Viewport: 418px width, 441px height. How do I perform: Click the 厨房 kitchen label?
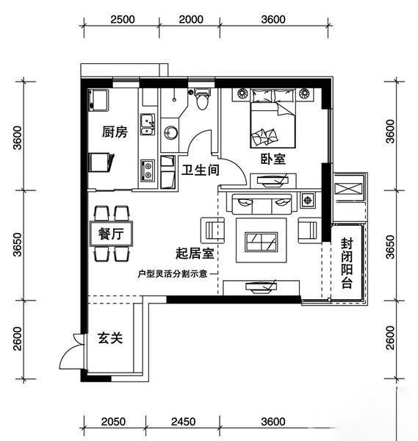pyautogui.click(x=115, y=132)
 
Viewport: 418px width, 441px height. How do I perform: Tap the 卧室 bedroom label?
pyautogui.click(x=273, y=159)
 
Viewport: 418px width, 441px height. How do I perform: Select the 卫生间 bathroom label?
pyautogui.click(x=200, y=171)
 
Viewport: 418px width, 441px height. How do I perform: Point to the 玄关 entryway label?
pyautogui.click(x=110, y=338)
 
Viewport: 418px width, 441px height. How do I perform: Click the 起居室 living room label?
pyautogui.click(x=195, y=254)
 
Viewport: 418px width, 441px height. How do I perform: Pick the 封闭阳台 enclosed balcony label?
pyautogui.click(x=347, y=264)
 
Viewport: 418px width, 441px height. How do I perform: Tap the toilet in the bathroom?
pyautogui.click(x=201, y=99)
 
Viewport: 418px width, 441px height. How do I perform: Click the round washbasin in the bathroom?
pyautogui.click(x=170, y=132)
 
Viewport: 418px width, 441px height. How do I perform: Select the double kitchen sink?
pyautogui.click(x=148, y=124)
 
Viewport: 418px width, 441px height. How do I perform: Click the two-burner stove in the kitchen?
pyautogui.click(x=148, y=171)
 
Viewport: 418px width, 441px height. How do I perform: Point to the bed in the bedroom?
pyautogui.click(x=273, y=118)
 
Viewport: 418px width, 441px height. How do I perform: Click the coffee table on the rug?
pyautogui.click(x=262, y=241)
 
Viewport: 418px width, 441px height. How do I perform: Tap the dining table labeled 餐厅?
pyautogui.click(x=112, y=234)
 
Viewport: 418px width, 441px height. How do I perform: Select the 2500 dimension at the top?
pyautogui.click(x=123, y=19)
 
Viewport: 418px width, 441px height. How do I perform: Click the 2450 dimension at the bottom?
pyautogui.click(x=183, y=422)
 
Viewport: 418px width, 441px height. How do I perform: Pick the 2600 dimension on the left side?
pyautogui.click(x=18, y=339)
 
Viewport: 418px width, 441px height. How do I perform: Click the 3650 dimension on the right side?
pyautogui.click(x=391, y=247)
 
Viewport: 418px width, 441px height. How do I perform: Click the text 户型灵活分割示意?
pyautogui.click(x=173, y=273)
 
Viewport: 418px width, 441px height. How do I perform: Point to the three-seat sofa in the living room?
pyautogui.click(x=262, y=204)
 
